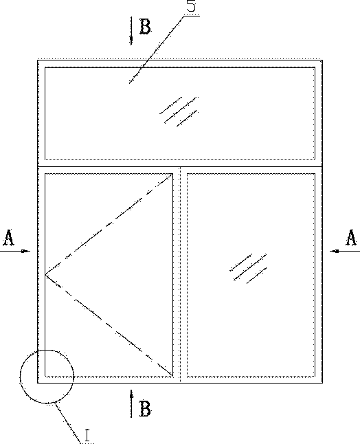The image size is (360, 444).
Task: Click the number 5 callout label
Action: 192,5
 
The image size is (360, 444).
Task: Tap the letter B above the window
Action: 145,27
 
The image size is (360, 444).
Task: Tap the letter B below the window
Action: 145,409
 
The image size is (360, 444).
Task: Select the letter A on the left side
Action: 8,238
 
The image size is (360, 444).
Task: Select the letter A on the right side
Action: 351,237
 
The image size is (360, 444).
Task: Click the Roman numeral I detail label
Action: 87,435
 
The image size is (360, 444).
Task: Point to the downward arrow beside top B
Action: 131,30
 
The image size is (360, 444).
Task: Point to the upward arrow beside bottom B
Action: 131,403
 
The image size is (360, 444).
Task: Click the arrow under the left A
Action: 15,251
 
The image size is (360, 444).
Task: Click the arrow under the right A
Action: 345,251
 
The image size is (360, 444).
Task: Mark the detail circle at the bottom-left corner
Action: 47,350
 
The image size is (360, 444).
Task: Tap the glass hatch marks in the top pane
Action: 179,111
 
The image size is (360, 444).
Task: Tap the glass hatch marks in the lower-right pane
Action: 248,269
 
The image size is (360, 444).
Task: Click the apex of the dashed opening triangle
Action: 46,275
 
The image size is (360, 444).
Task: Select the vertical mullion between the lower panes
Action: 180,275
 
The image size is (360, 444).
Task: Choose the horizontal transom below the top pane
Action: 180,166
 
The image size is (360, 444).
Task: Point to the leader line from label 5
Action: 156,49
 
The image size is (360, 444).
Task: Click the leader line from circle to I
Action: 68,422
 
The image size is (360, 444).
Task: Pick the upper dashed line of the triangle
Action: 109,224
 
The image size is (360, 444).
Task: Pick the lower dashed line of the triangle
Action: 109,325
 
